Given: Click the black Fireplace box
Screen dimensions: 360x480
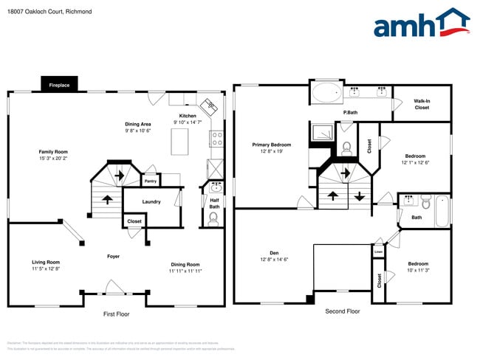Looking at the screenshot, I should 60,85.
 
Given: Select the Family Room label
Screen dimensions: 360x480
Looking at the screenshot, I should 53,150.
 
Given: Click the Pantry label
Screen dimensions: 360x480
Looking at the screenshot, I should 150,180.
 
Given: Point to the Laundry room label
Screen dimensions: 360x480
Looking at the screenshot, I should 151,201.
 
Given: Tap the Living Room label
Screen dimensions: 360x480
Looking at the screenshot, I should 46,262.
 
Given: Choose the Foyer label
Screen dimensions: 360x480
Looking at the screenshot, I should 113,256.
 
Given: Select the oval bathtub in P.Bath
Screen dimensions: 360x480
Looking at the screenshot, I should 327,94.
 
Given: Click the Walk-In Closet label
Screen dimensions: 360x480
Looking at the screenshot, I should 422,104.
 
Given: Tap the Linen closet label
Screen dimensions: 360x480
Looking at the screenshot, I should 378,252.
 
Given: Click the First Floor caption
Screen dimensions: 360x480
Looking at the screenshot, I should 116,314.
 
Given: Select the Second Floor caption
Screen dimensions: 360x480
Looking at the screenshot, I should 343,311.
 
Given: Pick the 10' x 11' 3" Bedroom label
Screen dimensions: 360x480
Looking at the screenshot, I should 418,267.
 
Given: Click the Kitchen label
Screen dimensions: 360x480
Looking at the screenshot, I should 188,116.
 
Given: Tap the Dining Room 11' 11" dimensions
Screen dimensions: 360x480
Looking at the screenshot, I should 185,271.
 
